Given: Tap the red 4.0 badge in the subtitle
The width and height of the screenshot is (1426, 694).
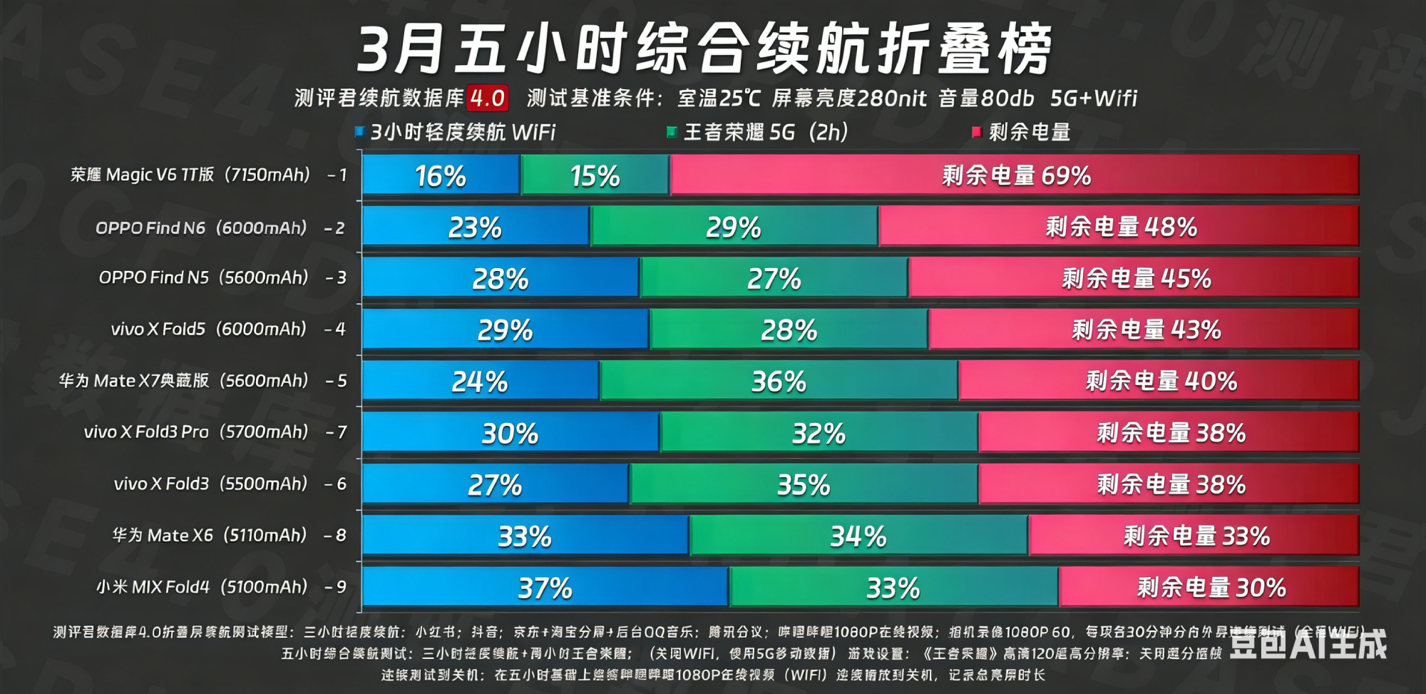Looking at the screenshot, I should point(488,98).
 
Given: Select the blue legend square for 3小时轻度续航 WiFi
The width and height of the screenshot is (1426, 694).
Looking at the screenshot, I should point(360,132).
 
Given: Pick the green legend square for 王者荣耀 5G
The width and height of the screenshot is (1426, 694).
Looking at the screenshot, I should point(671,132).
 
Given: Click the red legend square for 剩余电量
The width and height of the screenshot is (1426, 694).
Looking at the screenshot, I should point(977,132).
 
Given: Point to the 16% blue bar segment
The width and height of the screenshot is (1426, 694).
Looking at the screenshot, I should point(441,175).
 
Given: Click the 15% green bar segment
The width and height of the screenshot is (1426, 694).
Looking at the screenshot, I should point(595,175).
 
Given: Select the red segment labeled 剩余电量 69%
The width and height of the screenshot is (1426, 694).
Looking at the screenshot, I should point(1015,175).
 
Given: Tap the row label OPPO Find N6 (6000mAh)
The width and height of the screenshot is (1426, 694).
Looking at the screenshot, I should point(201,228).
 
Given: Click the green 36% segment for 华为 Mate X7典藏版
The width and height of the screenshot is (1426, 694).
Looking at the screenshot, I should point(779,381).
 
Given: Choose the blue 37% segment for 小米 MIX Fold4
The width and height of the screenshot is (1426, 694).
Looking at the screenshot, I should point(545,588).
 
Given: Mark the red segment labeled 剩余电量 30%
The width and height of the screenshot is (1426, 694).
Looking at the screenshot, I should point(1210,588).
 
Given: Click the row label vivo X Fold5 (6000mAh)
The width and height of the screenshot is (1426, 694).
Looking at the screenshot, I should point(208,329).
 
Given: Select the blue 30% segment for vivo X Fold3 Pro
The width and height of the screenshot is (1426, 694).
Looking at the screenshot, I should point(510,433).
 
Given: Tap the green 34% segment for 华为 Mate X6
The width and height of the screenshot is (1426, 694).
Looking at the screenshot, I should point(858,536).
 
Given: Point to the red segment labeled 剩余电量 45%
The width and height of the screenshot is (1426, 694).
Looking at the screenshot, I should point(1135,278).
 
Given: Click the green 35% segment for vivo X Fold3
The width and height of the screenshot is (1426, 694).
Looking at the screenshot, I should point(803,485).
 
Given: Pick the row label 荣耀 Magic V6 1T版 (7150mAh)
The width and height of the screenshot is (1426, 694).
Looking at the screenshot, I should point(190,175).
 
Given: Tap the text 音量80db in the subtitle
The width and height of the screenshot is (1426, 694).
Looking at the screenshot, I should point(986,98).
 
